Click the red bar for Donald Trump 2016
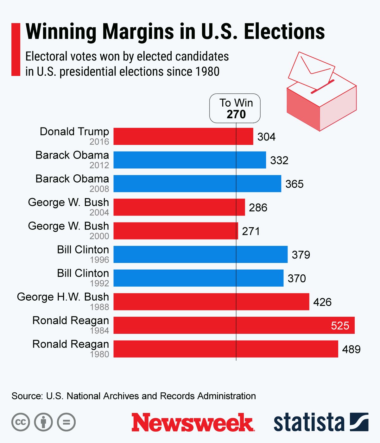click(183, 136)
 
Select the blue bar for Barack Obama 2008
click(197, 184)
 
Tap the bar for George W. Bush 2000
click(175, 231)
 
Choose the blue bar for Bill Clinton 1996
click(200, 254)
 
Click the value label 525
click(340, 326)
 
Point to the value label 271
click(251, 231)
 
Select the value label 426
click(322, 302)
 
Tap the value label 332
click(279, 160)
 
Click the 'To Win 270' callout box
click(235, 108)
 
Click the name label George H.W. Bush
click(63, 297)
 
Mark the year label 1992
click(99, 283)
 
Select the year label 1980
click(99, 354)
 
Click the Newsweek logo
click(193, 422)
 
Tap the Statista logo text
click(308, 422)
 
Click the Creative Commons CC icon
click(21, 422)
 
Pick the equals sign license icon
click(66, 422)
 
